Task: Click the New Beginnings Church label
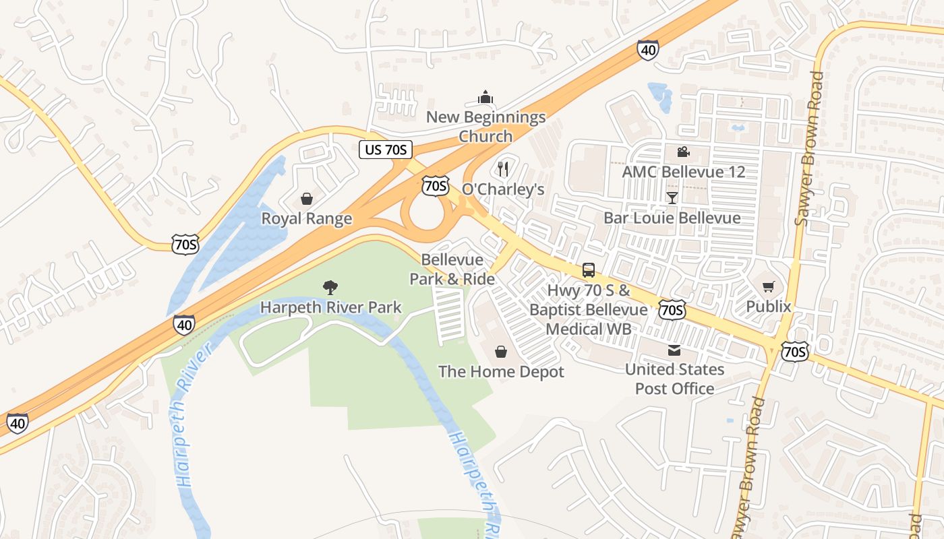click(485, 127)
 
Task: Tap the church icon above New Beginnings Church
click(485, 98)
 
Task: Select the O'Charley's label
click(503, 189)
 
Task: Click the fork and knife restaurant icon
click(503, 168)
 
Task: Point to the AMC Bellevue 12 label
click(683, 172)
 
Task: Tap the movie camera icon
click(683, 152)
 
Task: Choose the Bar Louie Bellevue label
click(672, 218)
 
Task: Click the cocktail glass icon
click(672, 197)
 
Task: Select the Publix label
click(768, 307)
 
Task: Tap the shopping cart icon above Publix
click(768, 287)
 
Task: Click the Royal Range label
click(307, 219)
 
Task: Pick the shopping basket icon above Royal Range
click(307, 199)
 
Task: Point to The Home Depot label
click(501, 372)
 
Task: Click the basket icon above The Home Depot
click(501, 352)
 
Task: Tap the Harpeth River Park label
click(330, 308)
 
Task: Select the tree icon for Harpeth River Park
click(330, 288)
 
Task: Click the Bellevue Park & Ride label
click(452, 269)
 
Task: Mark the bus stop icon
click(589, 270)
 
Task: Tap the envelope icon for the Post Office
click(674, 350)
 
